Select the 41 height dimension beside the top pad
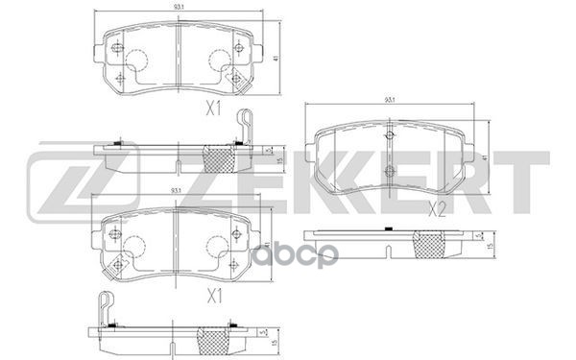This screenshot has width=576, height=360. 276,59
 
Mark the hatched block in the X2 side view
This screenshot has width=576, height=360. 427,247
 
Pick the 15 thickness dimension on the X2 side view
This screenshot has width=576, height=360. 491,248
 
